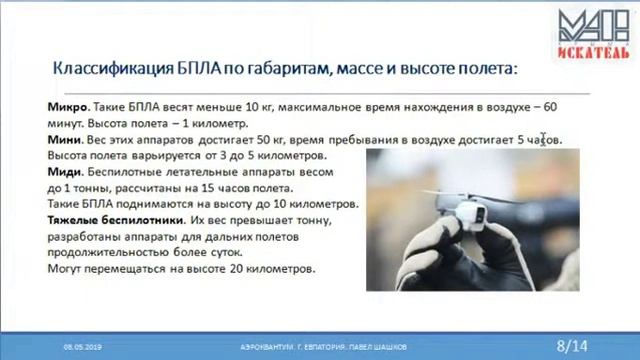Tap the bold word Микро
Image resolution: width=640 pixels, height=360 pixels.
(65, 106)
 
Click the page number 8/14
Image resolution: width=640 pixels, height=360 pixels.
(572, 345)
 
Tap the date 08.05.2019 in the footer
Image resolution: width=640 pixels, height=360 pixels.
(83, 346)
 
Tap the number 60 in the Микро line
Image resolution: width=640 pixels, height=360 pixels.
(549, 106)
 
